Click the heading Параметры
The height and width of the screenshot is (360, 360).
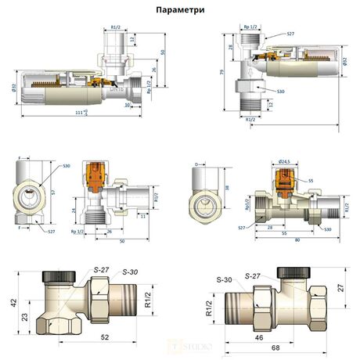pyautogui.click(x=179, y=10)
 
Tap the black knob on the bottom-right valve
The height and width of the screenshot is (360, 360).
pyautogui.click(x=293, y=271)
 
